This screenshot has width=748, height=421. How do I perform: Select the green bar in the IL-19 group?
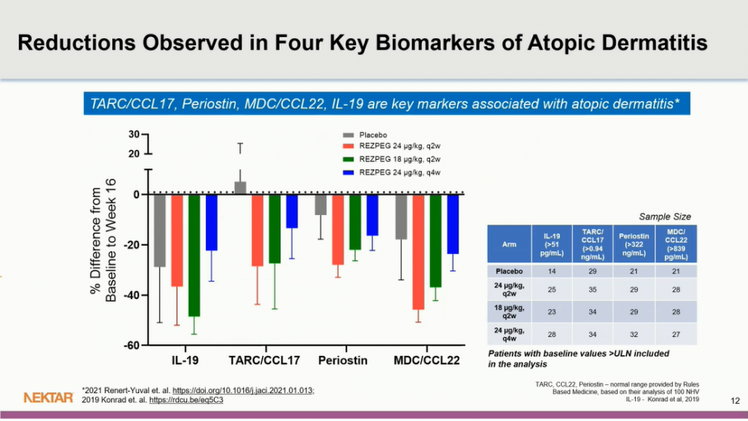194,255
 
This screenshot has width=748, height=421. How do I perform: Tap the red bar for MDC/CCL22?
418,252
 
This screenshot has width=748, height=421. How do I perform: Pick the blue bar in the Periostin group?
373,215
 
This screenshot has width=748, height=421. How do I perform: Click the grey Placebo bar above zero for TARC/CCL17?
240,187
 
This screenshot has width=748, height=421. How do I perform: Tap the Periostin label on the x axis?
343,361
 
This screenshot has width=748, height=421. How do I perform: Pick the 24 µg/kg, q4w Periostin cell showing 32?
634,333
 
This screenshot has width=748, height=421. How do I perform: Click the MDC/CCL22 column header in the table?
676,242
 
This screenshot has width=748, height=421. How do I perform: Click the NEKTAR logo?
49,397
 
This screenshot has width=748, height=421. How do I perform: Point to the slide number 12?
734,402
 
